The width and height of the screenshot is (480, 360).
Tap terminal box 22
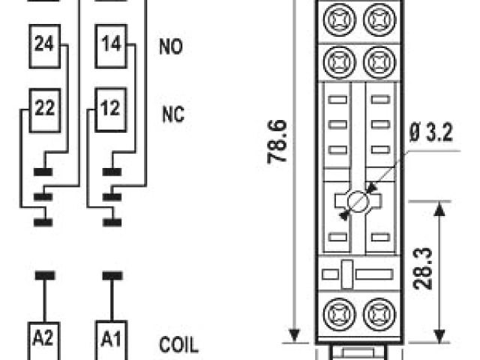tap(44, 108)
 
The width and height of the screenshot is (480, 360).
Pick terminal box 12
tap(110, 108)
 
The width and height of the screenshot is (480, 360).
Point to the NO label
tap(170, 46)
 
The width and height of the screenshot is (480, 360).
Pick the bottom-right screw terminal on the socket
tap(377, 310)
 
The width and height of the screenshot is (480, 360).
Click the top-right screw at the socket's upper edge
tap(377, 16)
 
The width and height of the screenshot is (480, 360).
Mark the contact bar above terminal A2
tap(44, 274)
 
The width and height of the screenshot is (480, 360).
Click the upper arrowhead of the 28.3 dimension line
tap(440, 208)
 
